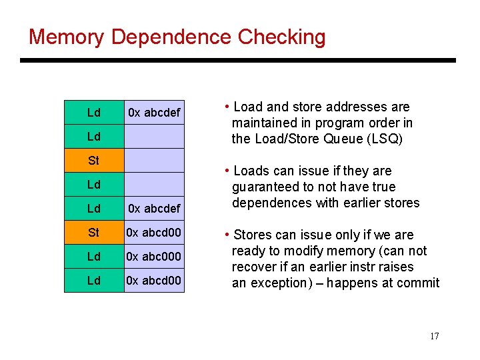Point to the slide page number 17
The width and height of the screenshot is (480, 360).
coord(434,336)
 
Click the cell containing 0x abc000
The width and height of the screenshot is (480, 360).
coord(154,257)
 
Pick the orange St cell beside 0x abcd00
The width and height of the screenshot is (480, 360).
coord(94,233)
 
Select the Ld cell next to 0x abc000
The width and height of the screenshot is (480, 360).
coord(94,257)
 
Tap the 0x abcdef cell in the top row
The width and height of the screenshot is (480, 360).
coord(154,113)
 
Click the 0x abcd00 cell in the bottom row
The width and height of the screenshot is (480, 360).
coord(154,281)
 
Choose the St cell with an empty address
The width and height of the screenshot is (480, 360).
coord(94,161)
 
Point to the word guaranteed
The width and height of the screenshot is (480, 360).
coord(265,187)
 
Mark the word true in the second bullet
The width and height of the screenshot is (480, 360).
coord(383,187)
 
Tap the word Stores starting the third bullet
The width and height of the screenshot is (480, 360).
coord(253,235)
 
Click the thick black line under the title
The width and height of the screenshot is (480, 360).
coord(238,61)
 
